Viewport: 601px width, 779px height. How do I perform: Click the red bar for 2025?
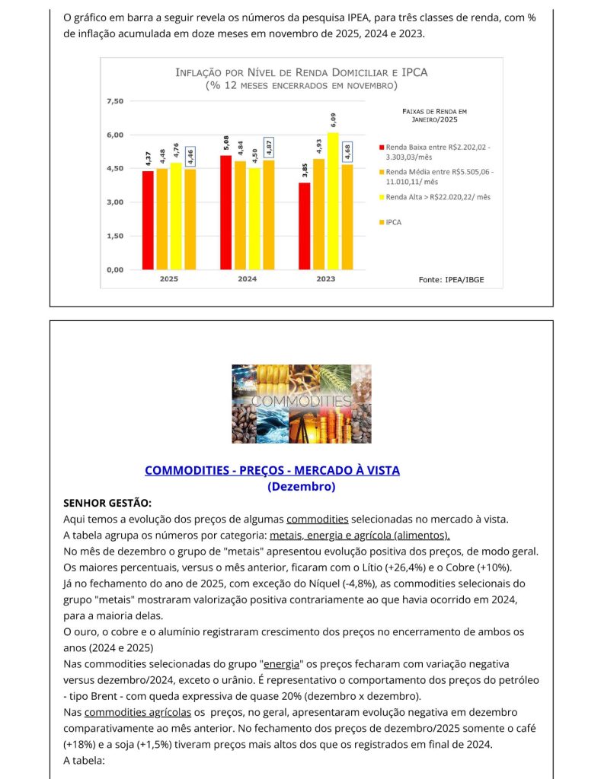click(x=148, y=220)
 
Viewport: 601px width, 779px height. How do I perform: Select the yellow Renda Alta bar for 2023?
click(x=333, y=201)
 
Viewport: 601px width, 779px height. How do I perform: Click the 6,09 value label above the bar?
click(x=333, y=119)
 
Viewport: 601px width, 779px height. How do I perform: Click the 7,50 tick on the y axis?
click(x=114, y=101)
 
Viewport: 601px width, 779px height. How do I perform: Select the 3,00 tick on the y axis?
click(x=114, y=202)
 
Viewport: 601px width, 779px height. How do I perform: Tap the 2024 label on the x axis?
click(x=247, y=279)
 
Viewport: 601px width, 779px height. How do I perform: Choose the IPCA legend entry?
click(x=394, y=222)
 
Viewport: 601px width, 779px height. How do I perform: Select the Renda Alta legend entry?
click(x=437, y=197)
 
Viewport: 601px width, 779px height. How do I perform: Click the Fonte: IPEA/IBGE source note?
click(x=451, y=280)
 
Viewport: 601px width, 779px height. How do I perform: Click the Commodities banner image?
click(x=302, y=403)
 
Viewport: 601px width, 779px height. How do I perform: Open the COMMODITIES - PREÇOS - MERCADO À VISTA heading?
click(x=272, y=470)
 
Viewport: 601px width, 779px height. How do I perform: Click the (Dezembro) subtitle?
click(x=302, y=486)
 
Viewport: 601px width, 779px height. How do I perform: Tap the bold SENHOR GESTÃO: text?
click(x=107, y=503)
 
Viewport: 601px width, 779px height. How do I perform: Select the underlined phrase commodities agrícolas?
click(x=137, y=712)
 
